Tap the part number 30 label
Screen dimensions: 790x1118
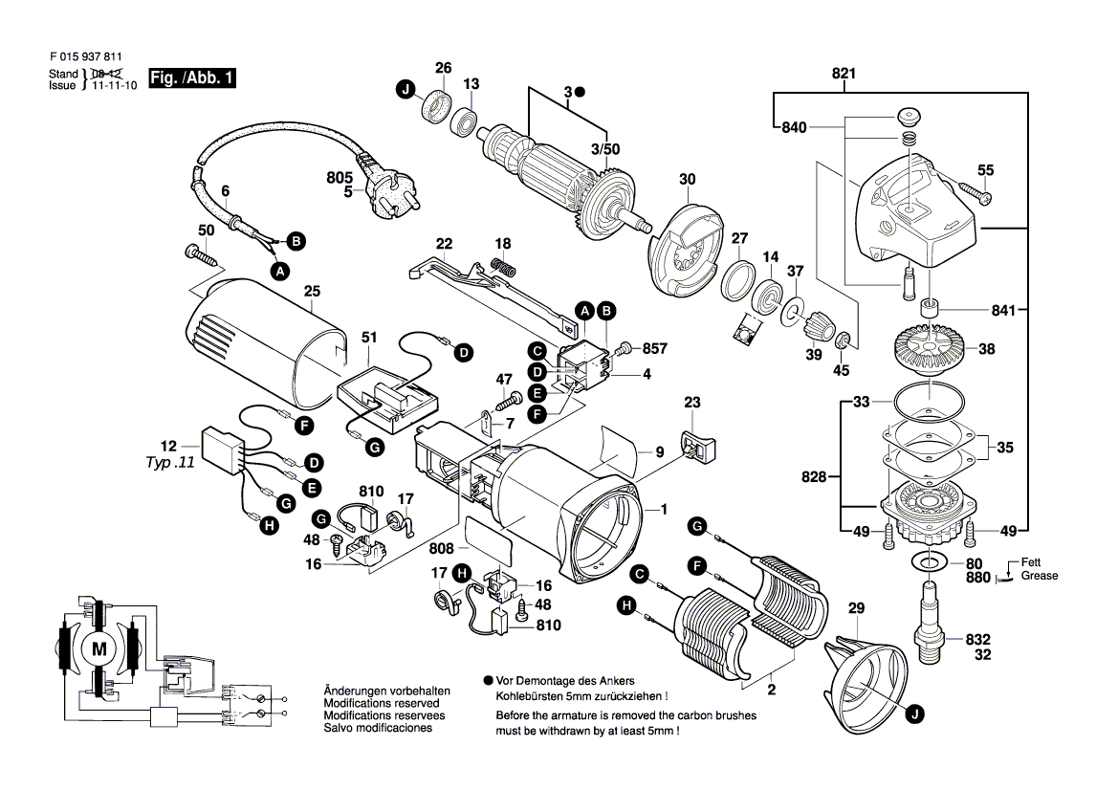pyautogui.click(x=688, y=179)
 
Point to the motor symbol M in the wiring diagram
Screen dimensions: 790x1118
pyautogui.click(x=99, y=649)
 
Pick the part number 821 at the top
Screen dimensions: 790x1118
pyautogui.click(x=844, y=74)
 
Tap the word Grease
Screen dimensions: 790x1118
pyautogui.click(x=1039, y=577)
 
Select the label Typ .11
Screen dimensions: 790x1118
pyautogui.click(x=169, y=460)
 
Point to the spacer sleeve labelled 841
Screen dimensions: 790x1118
pyautogui.click(x=927, y=311)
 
